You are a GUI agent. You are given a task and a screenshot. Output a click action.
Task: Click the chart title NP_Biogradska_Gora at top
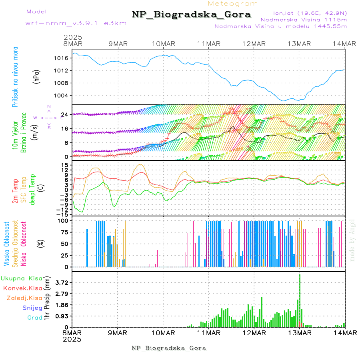pyautogui.click(x=191, y=15)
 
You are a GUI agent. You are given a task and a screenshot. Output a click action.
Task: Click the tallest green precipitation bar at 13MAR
pyautogui.click(x=299, y=300)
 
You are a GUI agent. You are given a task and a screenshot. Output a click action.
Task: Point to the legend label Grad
pyautogui.click(x=35, y=318)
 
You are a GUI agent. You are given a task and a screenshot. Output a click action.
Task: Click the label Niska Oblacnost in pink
pyautogui.click(x=24, y=244)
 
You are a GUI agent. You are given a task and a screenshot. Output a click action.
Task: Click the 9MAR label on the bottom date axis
pyautogui.click(x=118, y=332)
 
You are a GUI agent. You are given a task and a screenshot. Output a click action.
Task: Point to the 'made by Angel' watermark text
pyautogui.click(x=352, y=240)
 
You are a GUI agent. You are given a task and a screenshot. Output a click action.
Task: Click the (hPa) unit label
pyautogui.click(x=37, y=76)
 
